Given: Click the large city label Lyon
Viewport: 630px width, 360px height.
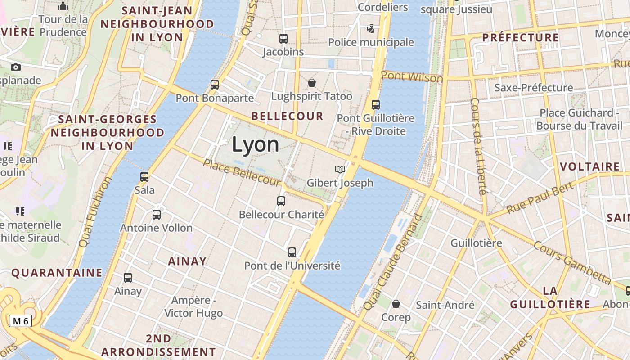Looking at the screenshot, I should (x=255, y=144).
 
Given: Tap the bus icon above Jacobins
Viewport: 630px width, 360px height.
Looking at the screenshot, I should (x=283, y=39).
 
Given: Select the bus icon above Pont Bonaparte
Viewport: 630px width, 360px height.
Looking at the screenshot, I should (x=215, y=84).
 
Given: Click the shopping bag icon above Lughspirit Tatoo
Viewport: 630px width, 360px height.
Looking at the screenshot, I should (x=311, y=83).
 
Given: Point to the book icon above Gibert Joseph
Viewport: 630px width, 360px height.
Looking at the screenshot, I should (x=340, y=170).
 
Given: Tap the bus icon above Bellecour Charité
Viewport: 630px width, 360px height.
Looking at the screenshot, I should (x=281, y=201).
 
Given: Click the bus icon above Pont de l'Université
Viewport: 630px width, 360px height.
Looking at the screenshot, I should (x=292, y=252).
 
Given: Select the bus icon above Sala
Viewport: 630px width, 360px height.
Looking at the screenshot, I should (x=144, y=177).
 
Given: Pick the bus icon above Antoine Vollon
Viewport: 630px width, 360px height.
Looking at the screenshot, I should (x=157, y=215).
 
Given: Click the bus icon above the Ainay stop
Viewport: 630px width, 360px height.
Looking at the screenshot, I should (x=128, y=278).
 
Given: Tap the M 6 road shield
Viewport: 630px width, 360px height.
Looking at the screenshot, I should (x=21, y=321).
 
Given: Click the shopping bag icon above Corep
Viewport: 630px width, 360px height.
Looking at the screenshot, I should (x=396, y=304).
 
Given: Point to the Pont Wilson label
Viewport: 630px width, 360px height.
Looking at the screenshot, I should (x=412, y=77).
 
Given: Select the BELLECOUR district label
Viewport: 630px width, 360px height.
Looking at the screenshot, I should (x=287, y=116).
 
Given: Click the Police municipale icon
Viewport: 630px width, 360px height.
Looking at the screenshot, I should (x=371, y=29).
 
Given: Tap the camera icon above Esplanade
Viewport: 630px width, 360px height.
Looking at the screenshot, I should (x=16, y=67).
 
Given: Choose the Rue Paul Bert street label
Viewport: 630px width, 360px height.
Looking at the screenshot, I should (x=540, y=198).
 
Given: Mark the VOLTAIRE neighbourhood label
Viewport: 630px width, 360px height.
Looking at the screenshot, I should (x=589, y=167).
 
